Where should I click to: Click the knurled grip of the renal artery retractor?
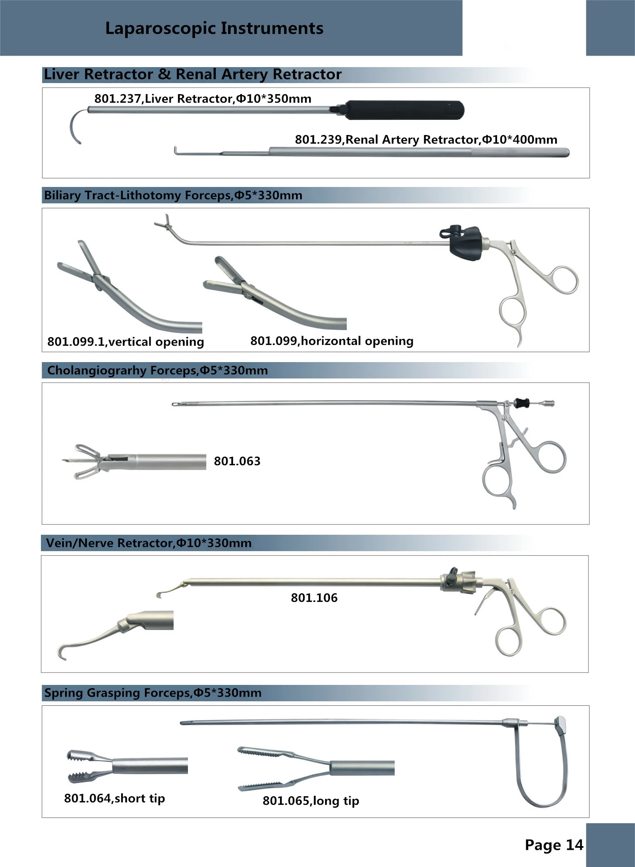tap(520, 153)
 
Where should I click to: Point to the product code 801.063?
tap(237, 461)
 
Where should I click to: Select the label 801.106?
tap(314, 598)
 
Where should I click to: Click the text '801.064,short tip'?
tap(114, 798)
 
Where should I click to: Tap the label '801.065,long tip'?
tap(311, 801)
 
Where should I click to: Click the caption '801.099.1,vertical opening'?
tap(125, 342)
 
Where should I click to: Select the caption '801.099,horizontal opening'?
tap(332, 341)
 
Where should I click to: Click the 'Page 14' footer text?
tap(554, 845)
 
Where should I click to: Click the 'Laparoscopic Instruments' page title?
tap(214, 28)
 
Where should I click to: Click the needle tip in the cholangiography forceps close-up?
tap(66, 461)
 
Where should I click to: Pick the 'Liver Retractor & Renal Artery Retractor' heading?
tap(192, 74)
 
